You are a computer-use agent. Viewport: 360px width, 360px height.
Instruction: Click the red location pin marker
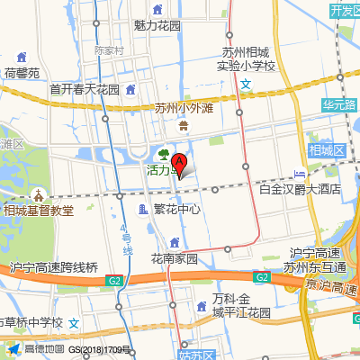179,166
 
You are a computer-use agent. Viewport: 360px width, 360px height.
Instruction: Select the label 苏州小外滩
183,109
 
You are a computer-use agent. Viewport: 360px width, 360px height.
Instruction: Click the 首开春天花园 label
85,90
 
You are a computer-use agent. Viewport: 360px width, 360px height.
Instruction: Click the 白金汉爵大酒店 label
299,189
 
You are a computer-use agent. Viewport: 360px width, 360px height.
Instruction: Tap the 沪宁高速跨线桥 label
53,266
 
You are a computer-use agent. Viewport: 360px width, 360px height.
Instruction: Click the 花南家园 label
174,258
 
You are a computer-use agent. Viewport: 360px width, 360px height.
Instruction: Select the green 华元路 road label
339,104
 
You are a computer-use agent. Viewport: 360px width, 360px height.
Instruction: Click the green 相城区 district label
327,149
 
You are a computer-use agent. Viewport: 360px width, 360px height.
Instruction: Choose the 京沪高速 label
333,285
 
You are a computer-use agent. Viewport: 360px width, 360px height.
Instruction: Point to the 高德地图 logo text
42,349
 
